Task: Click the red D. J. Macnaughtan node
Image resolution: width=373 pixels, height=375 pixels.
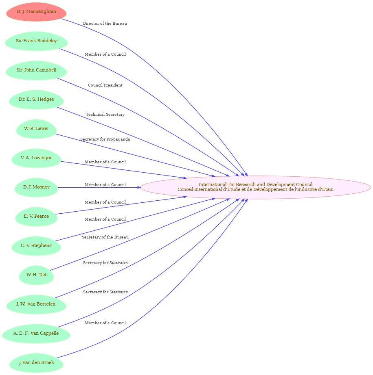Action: pyautogui.click(x=36, y=12)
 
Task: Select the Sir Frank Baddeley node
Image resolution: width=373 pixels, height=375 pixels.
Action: pyautogui.click(x=36, y=41)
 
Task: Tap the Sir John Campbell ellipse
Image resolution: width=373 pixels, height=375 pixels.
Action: pyautogui.click(x=36, y=70)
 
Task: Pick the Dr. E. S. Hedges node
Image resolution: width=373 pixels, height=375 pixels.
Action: pyautogui.click(x=36, y=100)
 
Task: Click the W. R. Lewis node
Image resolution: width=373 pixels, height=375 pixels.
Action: pyautogui.click(x=36, y=129)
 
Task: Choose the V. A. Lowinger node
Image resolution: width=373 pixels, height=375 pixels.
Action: pyautogui.click(x=36, y=158)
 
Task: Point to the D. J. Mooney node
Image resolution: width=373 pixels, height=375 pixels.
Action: pyautogui.click(x=36, y=187)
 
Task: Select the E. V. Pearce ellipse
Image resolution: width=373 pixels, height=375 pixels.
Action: pyautogui.click(x=36, y=217)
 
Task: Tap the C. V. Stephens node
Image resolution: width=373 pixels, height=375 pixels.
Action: pyautogui.click(x=36, y=246)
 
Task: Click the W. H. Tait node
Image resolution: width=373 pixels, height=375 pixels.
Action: pyautogui.click(x=36, y=275)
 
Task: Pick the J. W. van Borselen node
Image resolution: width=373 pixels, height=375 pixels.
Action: pyautogui.click(x=36, y=304)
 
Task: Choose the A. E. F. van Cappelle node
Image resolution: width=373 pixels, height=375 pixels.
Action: pyautogui.click(x=36, y=334)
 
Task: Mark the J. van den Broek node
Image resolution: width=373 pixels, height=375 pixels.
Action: pyautogui.click(x=36, y=363)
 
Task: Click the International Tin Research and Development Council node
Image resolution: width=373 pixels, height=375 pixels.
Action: pyautogui.click(x=256, y=187)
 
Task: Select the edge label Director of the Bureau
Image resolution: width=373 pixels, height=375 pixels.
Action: pyautogui.click(x=105, y=24)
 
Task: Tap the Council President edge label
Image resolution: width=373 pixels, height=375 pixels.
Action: pyautogui.click(x=105, y=85)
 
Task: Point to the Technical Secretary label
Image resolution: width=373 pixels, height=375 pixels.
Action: pyautogui.click(x=105, y=115)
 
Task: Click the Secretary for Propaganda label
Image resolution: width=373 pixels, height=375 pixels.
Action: pyautogui.click(x=105, y=139)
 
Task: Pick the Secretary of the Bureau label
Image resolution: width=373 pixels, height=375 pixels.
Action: pyautogui.click(x=105, y=237)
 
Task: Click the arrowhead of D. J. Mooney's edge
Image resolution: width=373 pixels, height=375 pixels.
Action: pyautogui.click(x=139, y=187)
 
